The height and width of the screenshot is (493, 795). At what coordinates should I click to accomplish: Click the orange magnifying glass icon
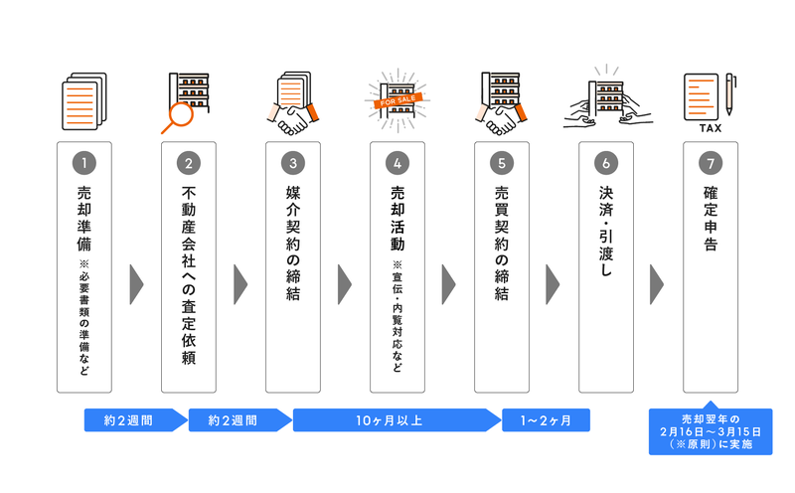[x=178, y=116]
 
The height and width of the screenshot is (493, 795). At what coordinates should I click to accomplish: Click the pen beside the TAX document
[x=730, y=94]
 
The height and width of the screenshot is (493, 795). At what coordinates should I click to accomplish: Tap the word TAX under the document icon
[x=711, y=128]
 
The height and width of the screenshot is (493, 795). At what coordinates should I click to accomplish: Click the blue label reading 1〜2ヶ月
[x=546, y=420]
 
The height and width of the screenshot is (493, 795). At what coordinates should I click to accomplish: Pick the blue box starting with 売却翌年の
[x=710, y=430]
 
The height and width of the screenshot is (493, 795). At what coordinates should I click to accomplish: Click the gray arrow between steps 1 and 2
[x=136, y=284]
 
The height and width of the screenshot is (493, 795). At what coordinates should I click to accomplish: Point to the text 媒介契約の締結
[x=293, y=244]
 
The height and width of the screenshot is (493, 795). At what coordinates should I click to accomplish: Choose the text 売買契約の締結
[x=502, y=244]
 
